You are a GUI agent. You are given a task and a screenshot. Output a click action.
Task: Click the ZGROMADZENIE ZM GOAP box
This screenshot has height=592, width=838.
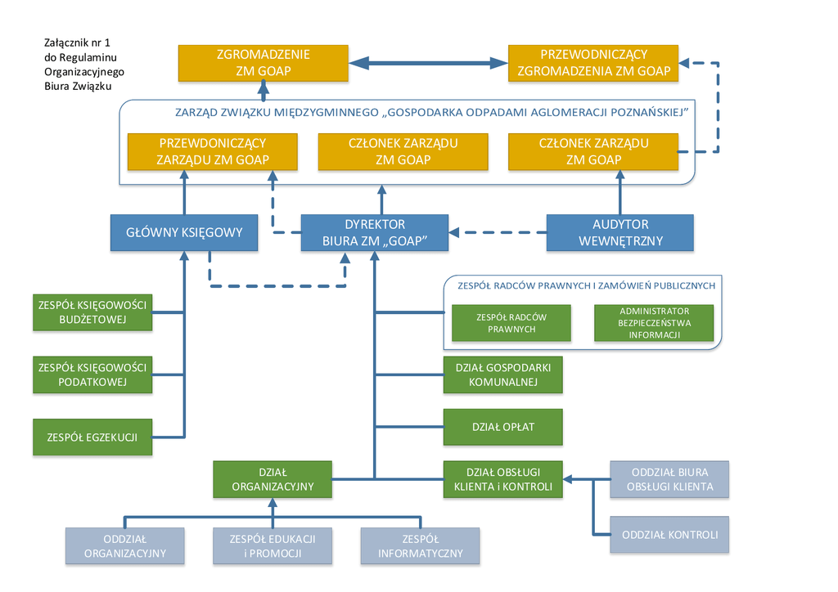click(x=263, y=63)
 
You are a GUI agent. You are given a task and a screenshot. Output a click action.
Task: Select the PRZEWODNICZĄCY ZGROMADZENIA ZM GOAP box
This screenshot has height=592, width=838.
click(x=593, y=63)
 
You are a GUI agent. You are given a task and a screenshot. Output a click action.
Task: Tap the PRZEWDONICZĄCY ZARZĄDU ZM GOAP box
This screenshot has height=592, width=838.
click(x=212, y=151)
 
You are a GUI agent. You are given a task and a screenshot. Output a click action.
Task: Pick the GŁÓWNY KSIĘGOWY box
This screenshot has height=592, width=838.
click(x=184, y=232)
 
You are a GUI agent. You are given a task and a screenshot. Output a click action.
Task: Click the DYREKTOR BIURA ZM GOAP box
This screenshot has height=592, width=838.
click(x=374, y=232)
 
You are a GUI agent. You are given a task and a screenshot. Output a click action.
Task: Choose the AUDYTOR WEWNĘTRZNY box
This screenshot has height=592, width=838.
click(x=619, y=232)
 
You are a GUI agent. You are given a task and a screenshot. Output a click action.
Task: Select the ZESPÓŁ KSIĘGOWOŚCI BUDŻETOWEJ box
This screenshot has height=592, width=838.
click(x=92, y=312)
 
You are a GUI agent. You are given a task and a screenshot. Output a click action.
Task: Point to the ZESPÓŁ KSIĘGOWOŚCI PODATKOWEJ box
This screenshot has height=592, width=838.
click(x=92, y=374)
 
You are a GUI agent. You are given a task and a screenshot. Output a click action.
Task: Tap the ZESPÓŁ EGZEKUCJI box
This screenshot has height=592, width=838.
click(x=92, y=437)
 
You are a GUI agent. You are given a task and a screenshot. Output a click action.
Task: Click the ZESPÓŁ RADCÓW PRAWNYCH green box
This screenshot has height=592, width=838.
click(x=511, y=322)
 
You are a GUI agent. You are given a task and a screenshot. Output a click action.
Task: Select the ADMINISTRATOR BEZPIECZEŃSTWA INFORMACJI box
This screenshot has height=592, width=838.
click(x=654, y=322)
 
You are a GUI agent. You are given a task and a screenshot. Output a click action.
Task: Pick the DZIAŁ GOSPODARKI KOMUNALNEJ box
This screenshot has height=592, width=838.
click(x=503, y=374)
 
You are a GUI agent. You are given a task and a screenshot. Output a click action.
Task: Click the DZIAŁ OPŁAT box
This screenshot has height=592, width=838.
click(x=503, y=427)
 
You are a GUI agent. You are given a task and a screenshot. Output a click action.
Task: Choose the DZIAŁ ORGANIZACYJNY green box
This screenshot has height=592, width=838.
click(x=273, y=479)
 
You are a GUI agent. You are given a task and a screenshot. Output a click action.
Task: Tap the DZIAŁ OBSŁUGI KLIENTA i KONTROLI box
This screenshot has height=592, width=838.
click(x=503, y=479)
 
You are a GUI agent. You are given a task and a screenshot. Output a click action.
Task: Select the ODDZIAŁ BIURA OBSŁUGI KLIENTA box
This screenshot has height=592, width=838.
click(x=669, y=479)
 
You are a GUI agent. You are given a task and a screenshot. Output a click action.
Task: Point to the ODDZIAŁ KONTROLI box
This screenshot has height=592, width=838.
click(x=669, y=535)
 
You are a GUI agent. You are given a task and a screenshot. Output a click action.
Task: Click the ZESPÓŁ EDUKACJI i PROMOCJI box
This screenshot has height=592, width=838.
click(x=273, y=546)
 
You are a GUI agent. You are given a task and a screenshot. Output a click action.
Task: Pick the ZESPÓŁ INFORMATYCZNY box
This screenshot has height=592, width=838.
click(x=421, y=546)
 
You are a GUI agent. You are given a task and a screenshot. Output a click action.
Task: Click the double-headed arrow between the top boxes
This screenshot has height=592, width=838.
click(x=428, y=63)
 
